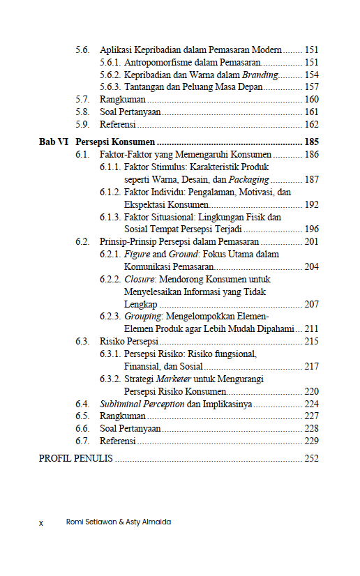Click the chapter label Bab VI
(x=53, y=142)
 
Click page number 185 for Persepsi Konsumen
(x=311, y=142)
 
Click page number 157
(x=311, y=87)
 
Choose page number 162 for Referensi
(x=311, y=125)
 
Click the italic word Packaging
(x=248, y=179)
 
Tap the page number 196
(x=311, y=229)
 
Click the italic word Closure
(x=140, y=279)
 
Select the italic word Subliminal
(x=123, y=404)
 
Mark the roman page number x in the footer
(x=41, y=522)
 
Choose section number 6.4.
(x=83, y=404)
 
